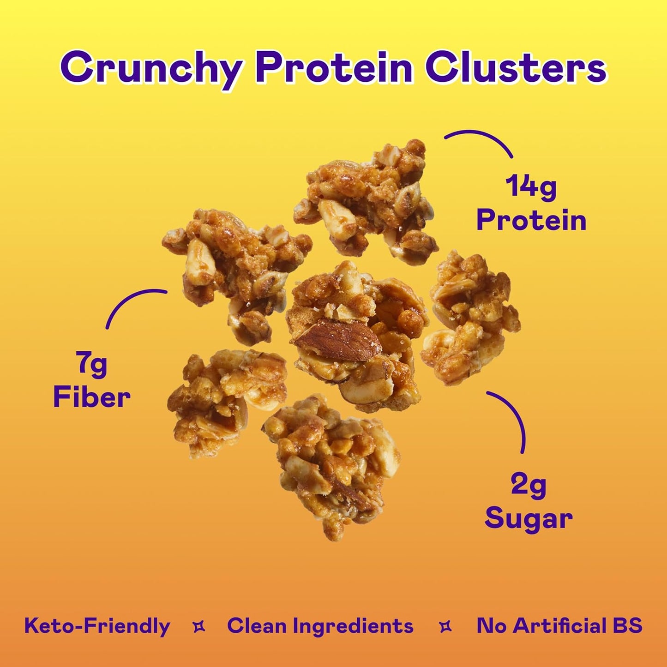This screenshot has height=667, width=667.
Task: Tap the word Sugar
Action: point(529,518)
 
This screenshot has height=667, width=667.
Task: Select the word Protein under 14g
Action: point(531,220)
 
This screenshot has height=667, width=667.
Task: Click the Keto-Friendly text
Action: point(97,626)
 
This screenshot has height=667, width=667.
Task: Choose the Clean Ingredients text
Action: point(320,626)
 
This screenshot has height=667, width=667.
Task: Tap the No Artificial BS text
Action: point(559,626)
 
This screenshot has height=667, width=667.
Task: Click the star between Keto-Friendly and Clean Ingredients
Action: point(199,627)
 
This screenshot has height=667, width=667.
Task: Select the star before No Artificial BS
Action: point(445,627)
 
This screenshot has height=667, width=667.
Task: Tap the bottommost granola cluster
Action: point(330,466)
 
